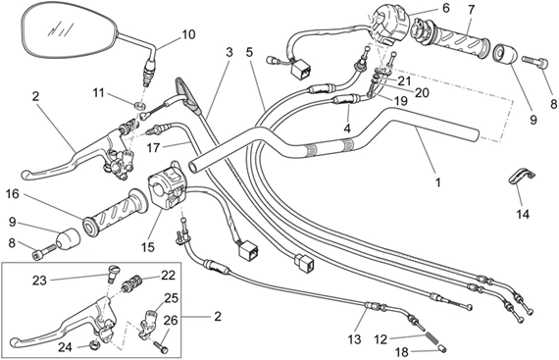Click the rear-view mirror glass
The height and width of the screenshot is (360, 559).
coord(70,32)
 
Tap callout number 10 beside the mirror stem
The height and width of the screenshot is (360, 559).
coord(188,34)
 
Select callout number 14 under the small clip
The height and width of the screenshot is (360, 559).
coord(523,214)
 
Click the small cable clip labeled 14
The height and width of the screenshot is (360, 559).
coord(521,177)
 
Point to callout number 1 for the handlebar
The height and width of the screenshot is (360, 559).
coord(437,182)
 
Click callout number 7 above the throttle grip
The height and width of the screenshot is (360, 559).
coord(472,10)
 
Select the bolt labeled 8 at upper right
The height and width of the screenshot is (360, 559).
coord(534,62)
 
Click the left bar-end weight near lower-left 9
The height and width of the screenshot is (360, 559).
coord(68,239)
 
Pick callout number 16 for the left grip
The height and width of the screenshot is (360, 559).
coord(13,194)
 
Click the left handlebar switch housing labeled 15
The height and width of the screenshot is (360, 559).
coord(167,187)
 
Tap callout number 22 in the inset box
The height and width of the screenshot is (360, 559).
coord(169,276)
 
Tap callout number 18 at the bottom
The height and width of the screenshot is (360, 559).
coord(402,352)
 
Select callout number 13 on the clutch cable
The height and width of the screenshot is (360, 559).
coord(354,339)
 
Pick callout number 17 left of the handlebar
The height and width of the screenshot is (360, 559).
coord(153,148)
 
